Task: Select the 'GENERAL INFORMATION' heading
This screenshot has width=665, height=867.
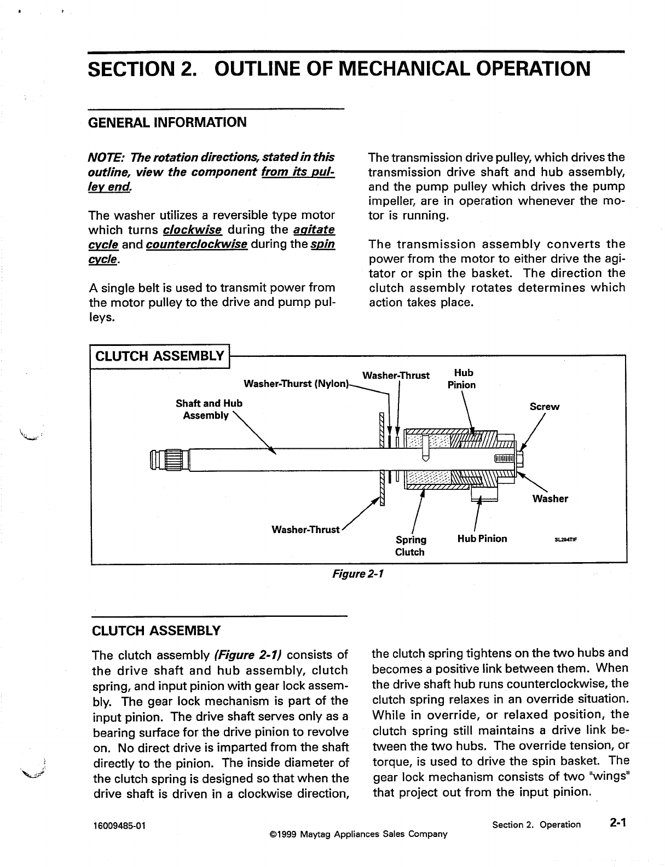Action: click(x=167, y=122)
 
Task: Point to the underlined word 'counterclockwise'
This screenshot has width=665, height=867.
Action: click(x=197, y=244)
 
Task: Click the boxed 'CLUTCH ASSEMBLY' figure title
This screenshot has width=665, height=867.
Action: click(x=160, y=356)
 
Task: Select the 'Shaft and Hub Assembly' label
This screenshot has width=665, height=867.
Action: click(x=209, y=409)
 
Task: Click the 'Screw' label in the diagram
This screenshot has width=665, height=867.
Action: click(x=545, y=407)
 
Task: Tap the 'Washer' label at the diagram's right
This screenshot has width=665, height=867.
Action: click(x=550, y=499)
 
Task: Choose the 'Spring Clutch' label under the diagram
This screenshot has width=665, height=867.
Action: click(x=410, y=546)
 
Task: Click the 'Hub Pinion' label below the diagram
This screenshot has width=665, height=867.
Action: click(x=482, y=539)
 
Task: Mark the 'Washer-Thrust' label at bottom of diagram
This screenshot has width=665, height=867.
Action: click(x=305, y=530)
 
